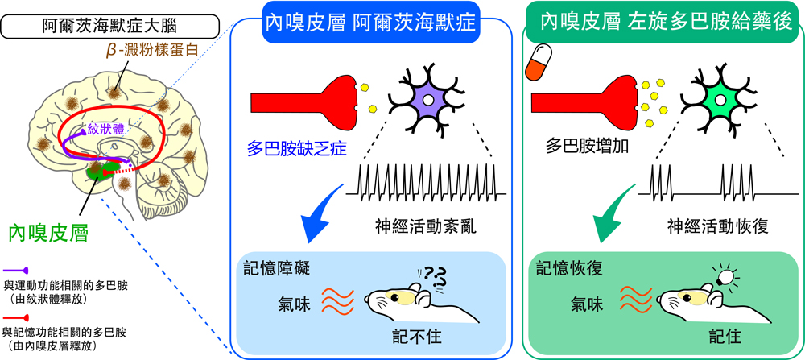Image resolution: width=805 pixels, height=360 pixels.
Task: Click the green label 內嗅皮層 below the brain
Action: point(49,233)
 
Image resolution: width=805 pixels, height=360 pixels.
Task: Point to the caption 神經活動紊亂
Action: point(427,226)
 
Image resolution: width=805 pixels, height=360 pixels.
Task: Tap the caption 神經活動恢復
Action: point(718,226)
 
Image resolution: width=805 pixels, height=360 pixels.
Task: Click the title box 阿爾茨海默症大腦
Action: point(111,27)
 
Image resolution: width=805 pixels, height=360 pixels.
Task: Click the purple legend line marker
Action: point(16,271)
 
